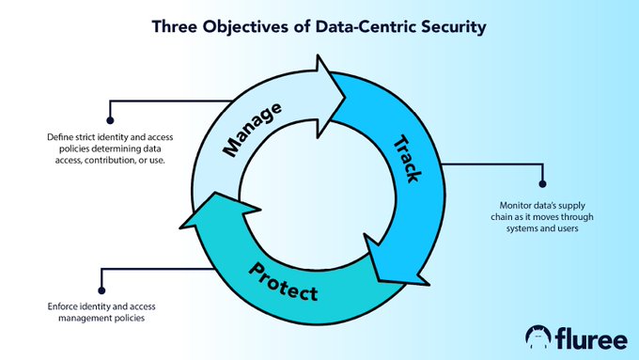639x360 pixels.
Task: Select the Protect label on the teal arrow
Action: click(x=284, y=281)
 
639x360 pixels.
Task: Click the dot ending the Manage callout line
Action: click(x=110, y=120)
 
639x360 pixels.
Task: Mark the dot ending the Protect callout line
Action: click(x=101, y=288)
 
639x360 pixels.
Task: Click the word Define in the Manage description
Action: click(x=59, y=137)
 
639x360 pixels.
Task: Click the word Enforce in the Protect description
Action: click(x=61, y=306)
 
